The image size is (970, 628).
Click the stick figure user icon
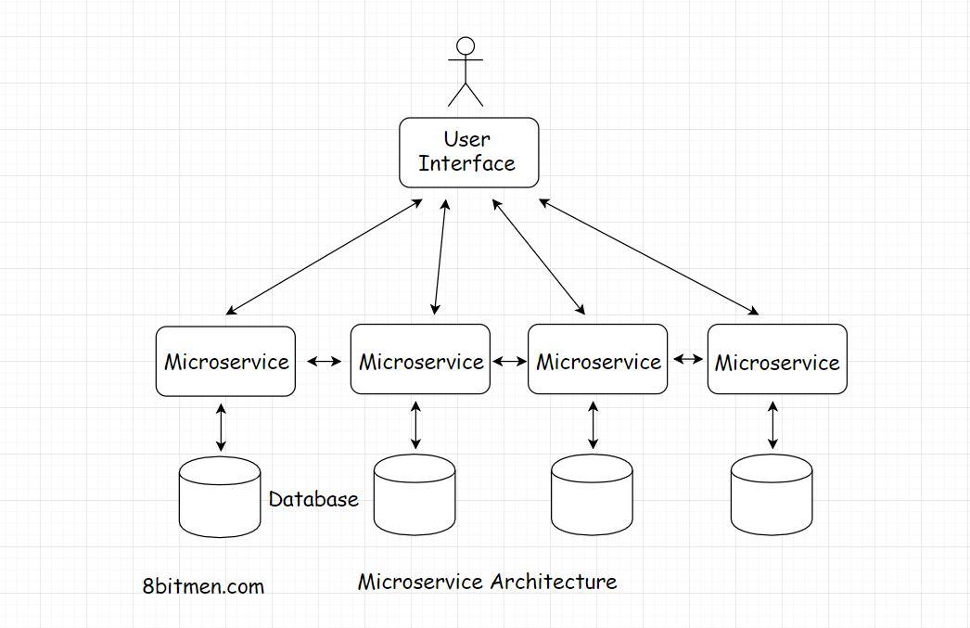(x=466, y=71)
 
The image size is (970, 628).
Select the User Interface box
(x=468, y=152)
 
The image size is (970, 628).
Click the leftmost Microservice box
(x=225, y=362)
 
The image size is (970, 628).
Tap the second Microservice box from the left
(x=420, y=359)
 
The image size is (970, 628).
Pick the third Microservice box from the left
(x=597, y=359)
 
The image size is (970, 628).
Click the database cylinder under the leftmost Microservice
(x=220, y=497)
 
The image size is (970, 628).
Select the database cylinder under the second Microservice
(x=414, y=497)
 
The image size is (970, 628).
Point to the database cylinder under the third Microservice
(x=592, y=497)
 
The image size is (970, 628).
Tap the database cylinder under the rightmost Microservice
(x=772, y=497)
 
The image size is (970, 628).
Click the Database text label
(x=313, y=499)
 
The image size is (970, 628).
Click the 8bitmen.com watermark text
(x=204, y=586)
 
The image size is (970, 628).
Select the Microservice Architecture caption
(x=487, y=583)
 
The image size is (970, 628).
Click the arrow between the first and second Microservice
(x=324, y=362)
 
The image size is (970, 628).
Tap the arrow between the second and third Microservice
(x=509, y=361)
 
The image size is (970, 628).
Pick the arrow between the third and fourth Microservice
(x=687, y=358)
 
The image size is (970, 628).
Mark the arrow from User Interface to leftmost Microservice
(x=325, y=257)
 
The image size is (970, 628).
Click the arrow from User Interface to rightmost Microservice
(x=649, y=257)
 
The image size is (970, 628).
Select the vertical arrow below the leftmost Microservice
(x=221, y=427)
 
